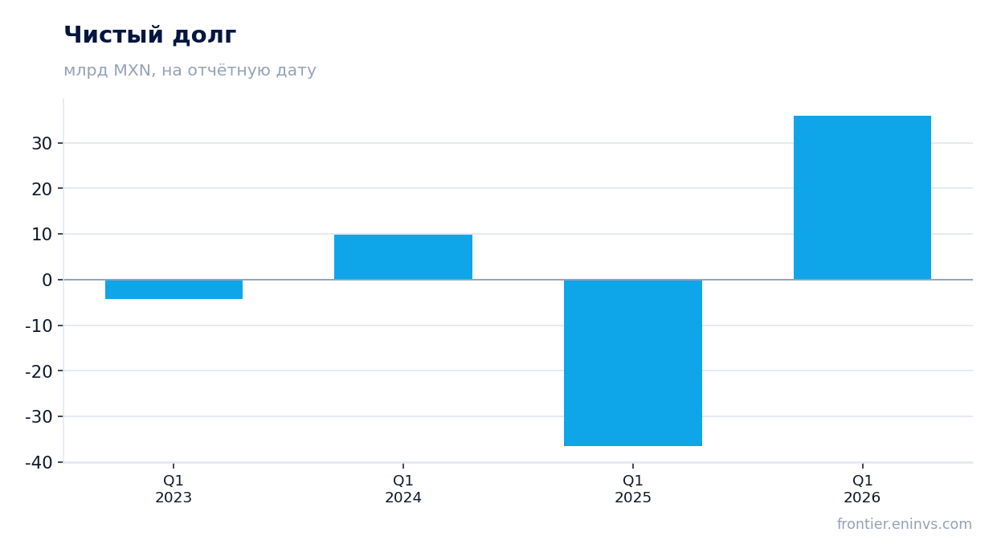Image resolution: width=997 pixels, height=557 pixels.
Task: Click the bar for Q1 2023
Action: [x=174, y=289]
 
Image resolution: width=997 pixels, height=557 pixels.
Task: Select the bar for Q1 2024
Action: [x=403, y=257]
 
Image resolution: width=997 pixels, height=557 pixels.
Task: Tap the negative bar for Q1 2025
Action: [x=633, y=362]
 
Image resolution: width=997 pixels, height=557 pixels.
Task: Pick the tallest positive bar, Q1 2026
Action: [x=862, y=198]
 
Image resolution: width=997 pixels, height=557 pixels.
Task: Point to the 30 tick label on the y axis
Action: [x=42, y=144]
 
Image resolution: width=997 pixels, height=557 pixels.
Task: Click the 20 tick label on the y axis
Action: [x=42, y=190]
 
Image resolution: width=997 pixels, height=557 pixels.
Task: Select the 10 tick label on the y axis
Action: [x=42, y=235]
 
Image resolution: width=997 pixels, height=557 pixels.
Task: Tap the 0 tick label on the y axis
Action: [x=47, y=281]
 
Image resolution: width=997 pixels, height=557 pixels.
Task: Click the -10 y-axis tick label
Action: [x=39, y=326]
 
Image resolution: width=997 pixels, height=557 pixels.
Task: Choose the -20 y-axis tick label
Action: [x=39, y=371]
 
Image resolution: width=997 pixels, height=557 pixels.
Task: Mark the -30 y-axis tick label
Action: [x=39, y=417]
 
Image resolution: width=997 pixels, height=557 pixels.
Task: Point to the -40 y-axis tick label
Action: [x=39, y=463]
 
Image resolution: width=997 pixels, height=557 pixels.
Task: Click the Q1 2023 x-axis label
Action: [x=174, y=489]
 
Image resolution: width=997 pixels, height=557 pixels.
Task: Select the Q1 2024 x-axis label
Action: [x=403, y=489]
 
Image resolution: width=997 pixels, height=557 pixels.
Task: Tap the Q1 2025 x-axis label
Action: [x=633, y=489]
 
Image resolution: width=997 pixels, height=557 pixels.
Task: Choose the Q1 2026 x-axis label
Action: [x=862, y=489]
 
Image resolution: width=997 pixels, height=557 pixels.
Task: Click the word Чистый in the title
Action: [x=114, y=35]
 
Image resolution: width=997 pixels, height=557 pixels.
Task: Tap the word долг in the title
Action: [x=204, y=35]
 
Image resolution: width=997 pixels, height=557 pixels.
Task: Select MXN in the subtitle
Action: [x=133, y=71]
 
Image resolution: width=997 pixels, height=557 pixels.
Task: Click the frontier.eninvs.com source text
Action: [x=905, y=524]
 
